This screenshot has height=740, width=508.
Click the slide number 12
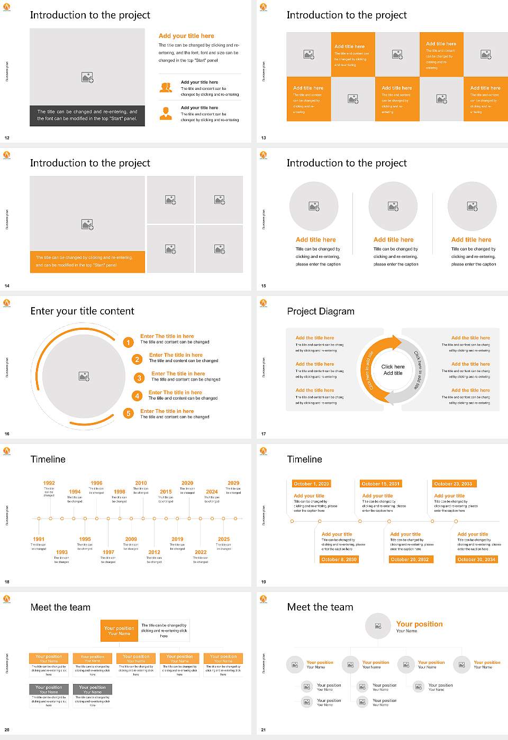click(7, 138)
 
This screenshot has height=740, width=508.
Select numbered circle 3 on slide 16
click(139, 378)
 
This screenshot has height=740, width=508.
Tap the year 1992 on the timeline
click(49, 483)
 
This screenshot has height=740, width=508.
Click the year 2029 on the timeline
click(233, 483)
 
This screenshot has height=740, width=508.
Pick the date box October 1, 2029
click(311, 484)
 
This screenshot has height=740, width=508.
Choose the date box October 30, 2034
click(476, 559)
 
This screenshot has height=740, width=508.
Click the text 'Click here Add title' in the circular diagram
click(393, 370)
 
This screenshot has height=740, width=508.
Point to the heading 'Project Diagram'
click(321, 311)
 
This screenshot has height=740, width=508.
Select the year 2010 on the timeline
click(141, 483)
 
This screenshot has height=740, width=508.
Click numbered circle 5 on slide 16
click(128, 413)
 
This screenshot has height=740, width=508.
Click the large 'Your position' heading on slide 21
click(419, 624)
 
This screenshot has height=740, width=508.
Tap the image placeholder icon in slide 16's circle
click(84, 376)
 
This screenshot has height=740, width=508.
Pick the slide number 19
click(264, 582)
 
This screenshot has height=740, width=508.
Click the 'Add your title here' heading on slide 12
click(186, 36)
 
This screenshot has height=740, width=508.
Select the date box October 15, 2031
click(380, 484)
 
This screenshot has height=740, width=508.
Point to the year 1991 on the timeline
click(39, 540)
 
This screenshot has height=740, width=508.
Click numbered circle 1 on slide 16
click(128, 343)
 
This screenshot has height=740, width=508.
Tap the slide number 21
click(264, 730)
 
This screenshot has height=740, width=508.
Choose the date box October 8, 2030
click(339, 559)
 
